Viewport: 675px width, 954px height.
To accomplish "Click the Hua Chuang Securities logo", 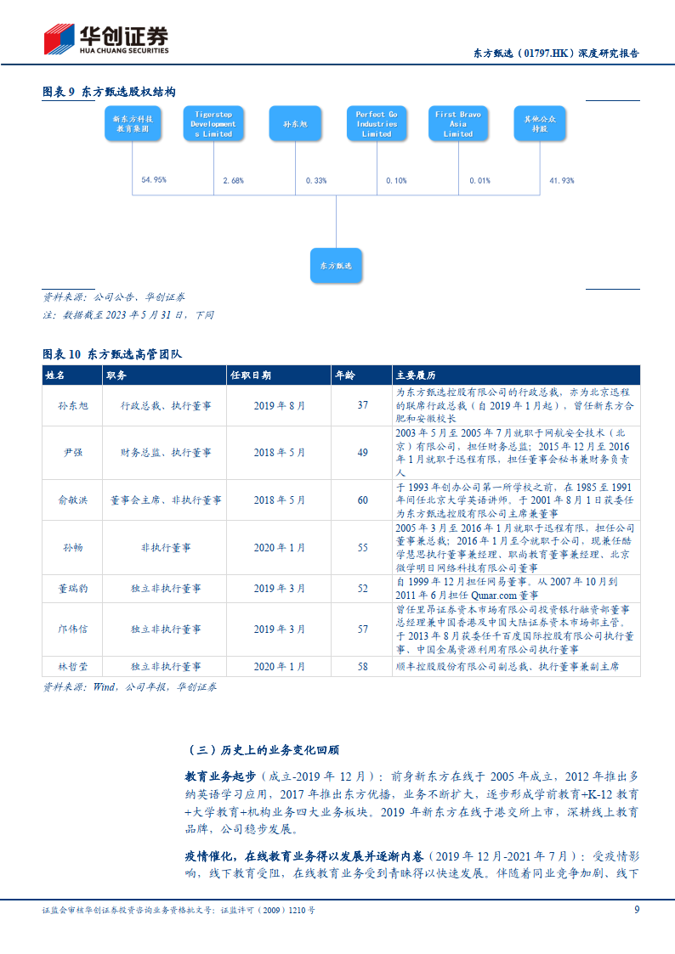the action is click(106, 38).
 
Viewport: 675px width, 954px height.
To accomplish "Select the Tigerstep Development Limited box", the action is click(213, 124).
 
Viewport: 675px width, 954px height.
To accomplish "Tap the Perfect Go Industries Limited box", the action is click(376, 124).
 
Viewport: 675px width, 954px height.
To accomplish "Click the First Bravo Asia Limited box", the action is click(457, 124).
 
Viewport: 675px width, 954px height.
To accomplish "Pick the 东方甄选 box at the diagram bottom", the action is click(335, 265).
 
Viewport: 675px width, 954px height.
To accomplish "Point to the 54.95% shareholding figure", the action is click(153, 180).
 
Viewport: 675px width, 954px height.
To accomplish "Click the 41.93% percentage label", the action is click(561, 180).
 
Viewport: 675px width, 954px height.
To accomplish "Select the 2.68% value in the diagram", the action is click(233, 180).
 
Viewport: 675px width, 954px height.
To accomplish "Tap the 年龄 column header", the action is click(345, 375).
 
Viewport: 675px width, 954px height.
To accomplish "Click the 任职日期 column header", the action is click(251, 375).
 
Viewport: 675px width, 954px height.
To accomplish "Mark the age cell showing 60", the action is click(362, 500).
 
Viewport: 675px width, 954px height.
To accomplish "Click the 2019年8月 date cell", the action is click(279, 406).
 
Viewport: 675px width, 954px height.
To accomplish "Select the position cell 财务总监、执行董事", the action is click(165, 453).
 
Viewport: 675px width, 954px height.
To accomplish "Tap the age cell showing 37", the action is click(362, 406).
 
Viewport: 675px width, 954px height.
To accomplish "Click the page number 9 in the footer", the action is click(637, 909).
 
